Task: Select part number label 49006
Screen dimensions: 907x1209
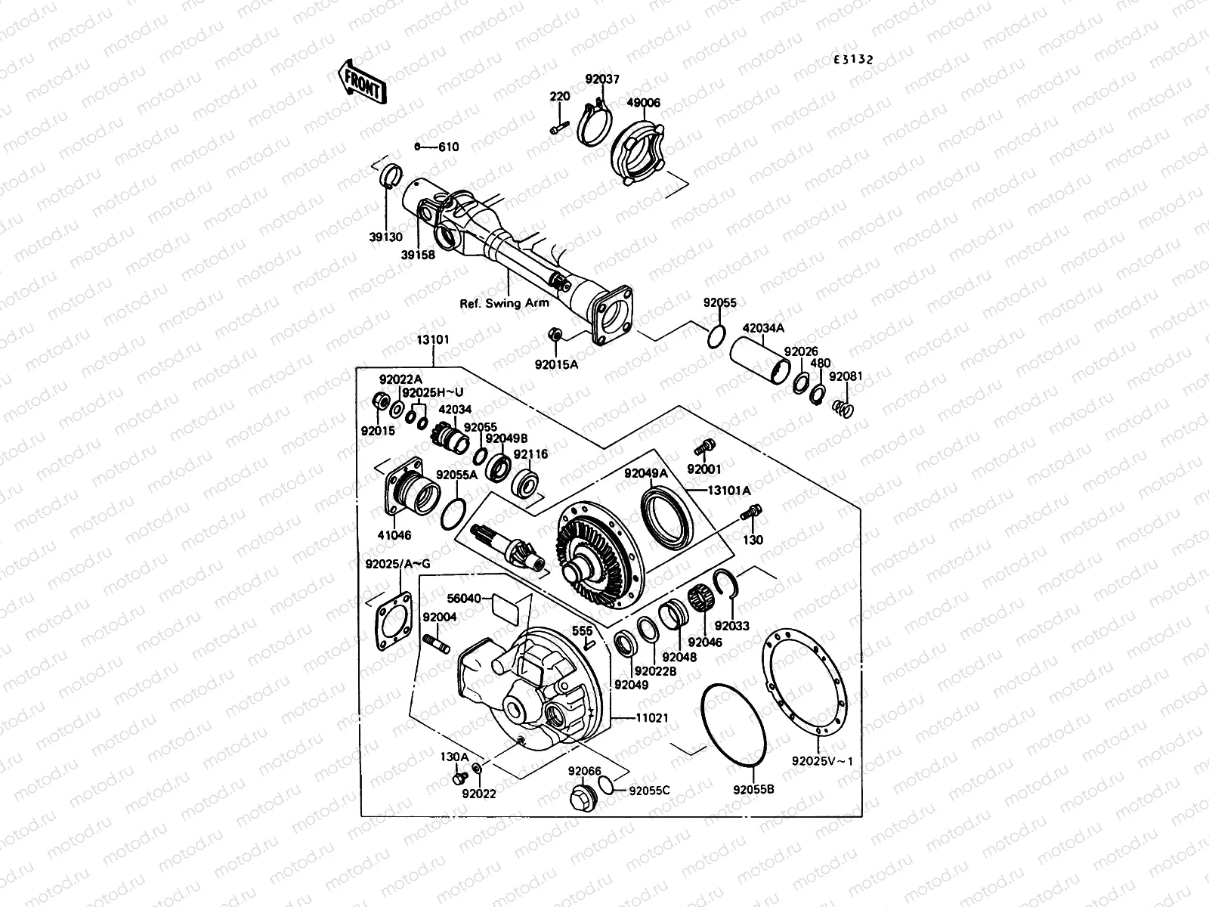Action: (644, 103)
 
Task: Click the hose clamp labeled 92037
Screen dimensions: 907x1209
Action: (598, 124)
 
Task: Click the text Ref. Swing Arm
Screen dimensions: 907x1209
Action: (504, 304)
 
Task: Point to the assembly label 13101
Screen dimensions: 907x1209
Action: (432, 339)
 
